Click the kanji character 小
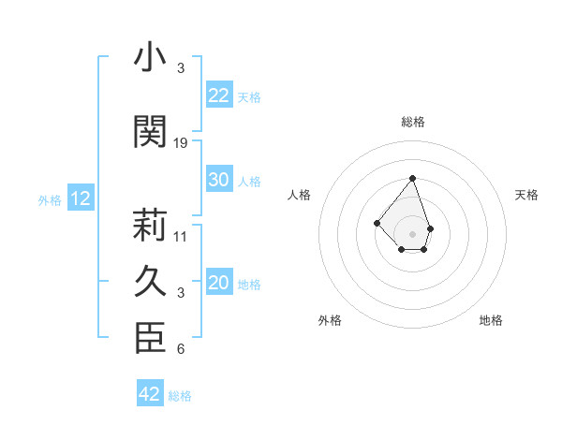[149, 58]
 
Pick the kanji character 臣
[149, 338]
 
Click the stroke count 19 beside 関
[181, 143]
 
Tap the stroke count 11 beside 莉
[181, 237]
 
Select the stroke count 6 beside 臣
[181, 350]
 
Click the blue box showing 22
[218, 95]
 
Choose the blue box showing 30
[218, 180]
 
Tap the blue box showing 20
[218, 284]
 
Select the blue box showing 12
[80, 198]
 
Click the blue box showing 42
[150, 394]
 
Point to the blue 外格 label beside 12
[50, 199]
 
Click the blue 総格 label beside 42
[180, 396]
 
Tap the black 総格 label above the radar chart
[412, 123]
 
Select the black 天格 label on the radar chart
[527, 195]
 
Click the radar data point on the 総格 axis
[412, 178]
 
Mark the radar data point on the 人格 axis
[377, 223]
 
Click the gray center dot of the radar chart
[412, 233]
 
